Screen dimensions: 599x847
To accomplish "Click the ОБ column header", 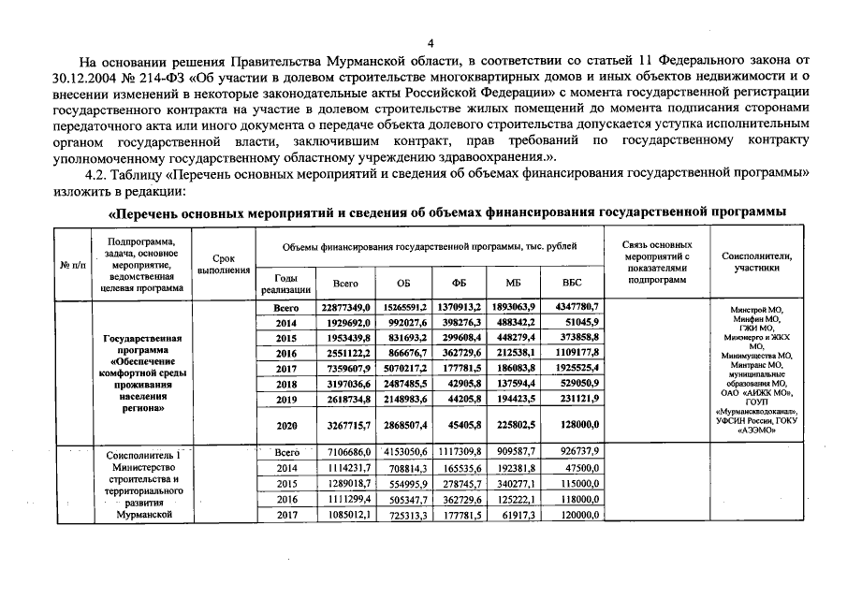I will coord(403,282).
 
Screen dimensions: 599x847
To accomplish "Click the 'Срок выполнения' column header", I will coord(224,265).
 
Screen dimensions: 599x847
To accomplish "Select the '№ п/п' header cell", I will coord(73,265).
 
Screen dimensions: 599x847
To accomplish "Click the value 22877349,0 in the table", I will coord(347,307).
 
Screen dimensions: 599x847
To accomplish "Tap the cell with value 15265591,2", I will coord(403,307).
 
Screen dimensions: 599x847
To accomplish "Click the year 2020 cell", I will coord(285,424).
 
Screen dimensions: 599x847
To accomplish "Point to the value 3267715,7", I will coord(347,424).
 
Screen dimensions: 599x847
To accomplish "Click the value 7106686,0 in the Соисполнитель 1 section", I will coord(347,452).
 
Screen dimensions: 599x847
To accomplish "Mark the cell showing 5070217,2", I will coord(403,369).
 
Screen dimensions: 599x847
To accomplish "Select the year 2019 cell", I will coord(285,400).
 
